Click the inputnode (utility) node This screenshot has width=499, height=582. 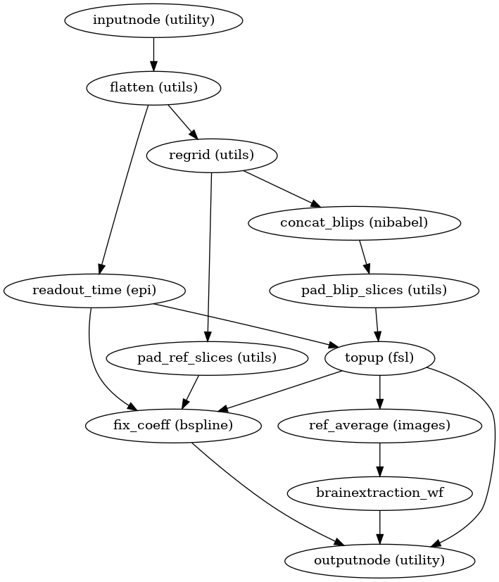(x=153, y=20)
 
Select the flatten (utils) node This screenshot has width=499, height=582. (x=153, y=88)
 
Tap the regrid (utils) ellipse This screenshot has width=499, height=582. (x=211, y=155)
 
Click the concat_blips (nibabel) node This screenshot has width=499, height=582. (x=355, y=222)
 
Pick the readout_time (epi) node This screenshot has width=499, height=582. (x=94, y=290)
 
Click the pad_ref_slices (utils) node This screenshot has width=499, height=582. (x=207, y=358)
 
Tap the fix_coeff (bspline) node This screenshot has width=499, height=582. (x=173, y=425)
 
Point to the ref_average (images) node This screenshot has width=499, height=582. (x=380, y=425)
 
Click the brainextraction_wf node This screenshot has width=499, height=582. (x=380, y=493)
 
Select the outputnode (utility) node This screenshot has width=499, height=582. (x=380, y=560)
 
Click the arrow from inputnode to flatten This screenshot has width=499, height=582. (x=153, y=54)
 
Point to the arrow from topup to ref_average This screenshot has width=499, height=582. (x=380, y=391)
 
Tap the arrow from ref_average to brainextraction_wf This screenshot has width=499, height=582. (x=380, y=459)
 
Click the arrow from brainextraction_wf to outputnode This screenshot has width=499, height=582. (x=380, y=526)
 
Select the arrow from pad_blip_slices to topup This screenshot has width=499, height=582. (x=377, y=324)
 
